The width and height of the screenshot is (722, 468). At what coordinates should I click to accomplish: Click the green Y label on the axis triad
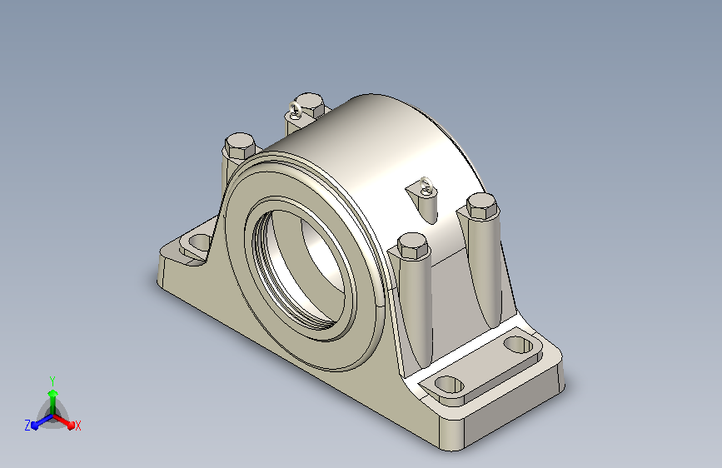coord(52,381)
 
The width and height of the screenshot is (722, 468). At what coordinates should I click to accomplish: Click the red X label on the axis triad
coord(77,426)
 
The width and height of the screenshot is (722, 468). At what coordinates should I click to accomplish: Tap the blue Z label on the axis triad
coord(27,426)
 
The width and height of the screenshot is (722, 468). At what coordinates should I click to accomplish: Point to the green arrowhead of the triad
coord(53,393)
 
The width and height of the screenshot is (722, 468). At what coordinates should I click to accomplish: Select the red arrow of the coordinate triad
coord(63,421)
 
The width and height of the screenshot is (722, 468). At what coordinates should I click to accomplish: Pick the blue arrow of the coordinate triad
coord(42,421)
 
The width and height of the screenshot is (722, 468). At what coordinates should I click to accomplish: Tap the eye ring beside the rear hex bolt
coord(295,110)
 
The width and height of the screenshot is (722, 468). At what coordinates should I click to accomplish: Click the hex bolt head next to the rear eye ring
coord(310,106)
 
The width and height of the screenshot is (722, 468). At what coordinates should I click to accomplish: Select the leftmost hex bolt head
coord(240,146)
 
